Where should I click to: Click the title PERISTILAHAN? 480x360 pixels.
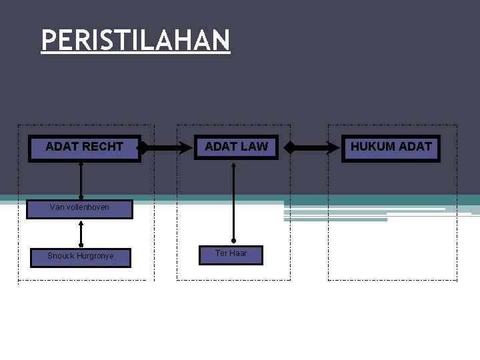click(135, 41)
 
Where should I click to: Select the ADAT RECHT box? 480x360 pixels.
click(85, 147)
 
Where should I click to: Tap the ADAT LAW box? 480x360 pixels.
click(237, 147)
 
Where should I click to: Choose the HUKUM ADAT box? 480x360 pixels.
click(391, 147)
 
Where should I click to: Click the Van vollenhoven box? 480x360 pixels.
click(80, 207)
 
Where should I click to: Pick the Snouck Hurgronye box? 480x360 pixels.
click(81, 257)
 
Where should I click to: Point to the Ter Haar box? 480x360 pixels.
click(231, 254)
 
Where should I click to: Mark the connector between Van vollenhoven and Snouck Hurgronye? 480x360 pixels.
click(81, 233)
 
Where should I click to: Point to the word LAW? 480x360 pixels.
click(255, 147)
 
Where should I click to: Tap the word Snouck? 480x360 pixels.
click(61, 256)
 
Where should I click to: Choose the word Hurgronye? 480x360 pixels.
click(95, 256)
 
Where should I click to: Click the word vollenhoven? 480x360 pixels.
click(88, 207)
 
